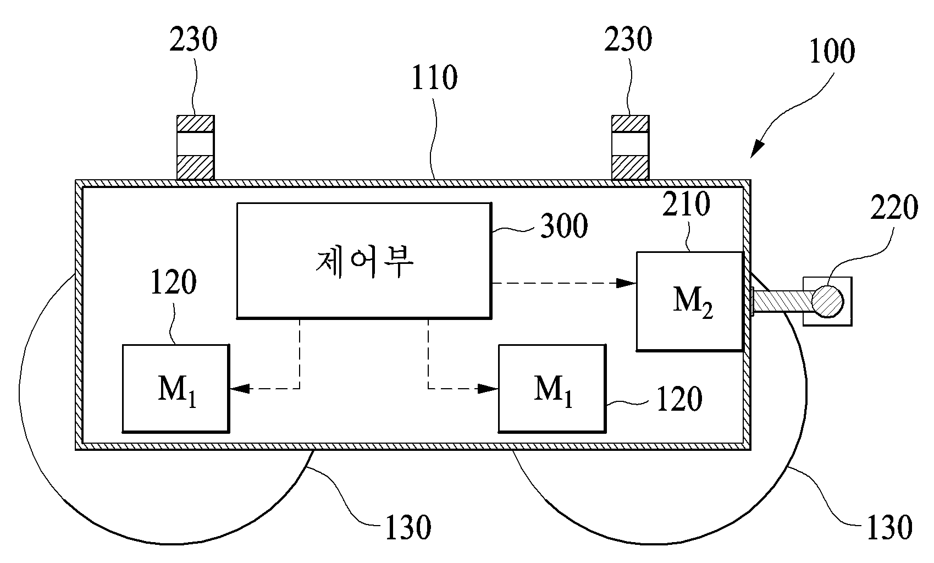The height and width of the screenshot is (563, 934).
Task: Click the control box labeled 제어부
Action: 364,261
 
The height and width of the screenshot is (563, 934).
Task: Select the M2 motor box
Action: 690,301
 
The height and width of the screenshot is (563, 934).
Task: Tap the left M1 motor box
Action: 176,388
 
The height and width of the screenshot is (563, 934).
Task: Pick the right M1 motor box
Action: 552,388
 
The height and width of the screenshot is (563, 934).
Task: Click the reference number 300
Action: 563,225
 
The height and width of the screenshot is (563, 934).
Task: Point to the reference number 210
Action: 686,204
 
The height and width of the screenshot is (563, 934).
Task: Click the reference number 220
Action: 894,207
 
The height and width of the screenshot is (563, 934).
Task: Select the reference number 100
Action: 832,51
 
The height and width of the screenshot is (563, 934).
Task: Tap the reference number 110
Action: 434,78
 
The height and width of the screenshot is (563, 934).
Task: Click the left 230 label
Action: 193,39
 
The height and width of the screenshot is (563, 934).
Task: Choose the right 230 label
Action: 628,39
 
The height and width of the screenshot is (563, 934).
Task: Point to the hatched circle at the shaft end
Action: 828,301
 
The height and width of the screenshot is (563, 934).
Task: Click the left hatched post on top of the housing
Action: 196,148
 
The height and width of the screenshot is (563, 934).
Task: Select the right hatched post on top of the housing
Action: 630,148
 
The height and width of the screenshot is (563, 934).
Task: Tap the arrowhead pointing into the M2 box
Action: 626,283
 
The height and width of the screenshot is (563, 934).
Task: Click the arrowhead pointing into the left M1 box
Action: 240,389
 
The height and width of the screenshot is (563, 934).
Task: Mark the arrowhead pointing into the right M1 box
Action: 488,389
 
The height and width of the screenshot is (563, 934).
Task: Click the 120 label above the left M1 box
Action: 173,283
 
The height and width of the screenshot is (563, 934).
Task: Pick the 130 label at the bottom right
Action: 889,528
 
